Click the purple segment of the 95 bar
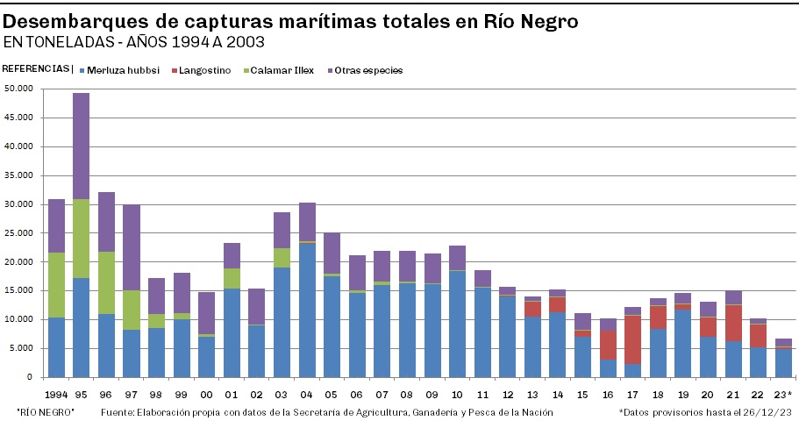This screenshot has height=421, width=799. (x=81, y=146)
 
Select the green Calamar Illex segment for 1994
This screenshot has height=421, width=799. (x=56, y=285)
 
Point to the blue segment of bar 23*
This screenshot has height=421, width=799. (x=783, y=363)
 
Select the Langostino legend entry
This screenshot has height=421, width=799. (x=204, y=70)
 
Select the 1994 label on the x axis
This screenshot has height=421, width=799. (x=55, y=393)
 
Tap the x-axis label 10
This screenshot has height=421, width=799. (x=457, y=393)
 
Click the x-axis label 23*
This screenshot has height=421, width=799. (x=783, y=393)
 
